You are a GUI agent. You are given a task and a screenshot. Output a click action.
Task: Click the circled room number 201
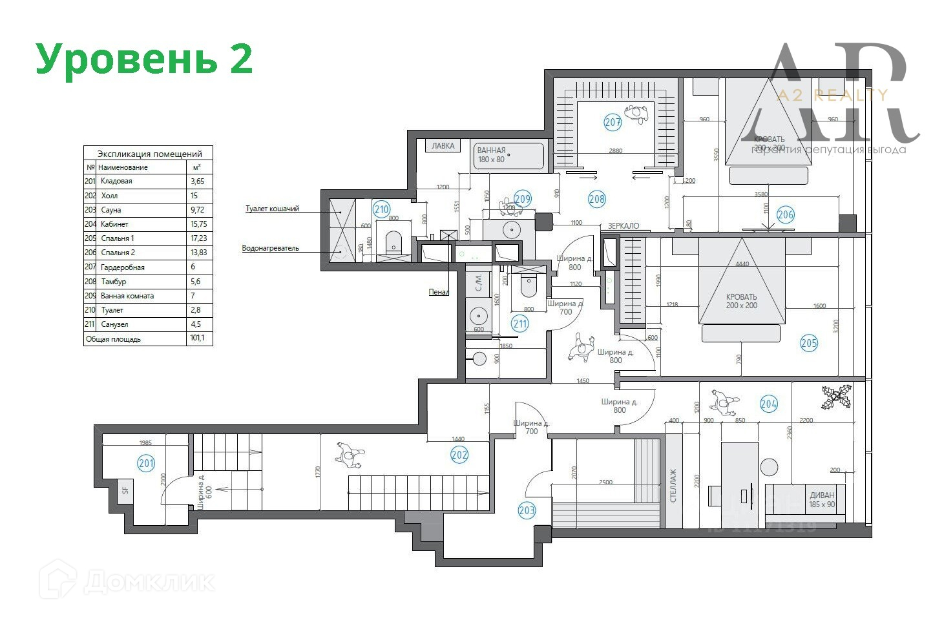146,463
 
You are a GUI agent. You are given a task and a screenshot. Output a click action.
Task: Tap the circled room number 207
613,121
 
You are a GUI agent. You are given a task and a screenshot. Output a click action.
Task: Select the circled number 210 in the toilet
381,209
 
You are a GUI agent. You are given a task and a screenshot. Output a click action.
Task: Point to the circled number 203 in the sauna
527,511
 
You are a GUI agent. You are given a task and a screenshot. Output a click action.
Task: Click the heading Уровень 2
143,59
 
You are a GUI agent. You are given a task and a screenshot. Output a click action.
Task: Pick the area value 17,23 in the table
198,238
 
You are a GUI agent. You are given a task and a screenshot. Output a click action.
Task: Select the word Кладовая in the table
116,182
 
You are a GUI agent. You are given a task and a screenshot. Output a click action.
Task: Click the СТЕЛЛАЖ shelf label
674,485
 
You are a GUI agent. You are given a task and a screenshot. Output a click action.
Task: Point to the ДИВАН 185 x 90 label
821,500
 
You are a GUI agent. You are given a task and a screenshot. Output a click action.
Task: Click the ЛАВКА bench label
443,146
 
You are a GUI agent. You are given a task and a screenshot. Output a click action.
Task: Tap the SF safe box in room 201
125,490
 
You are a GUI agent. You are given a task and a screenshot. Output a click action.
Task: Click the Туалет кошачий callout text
272,209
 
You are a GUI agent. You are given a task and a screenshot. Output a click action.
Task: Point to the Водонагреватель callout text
270,248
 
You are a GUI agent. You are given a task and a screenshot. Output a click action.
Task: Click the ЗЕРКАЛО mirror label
624,226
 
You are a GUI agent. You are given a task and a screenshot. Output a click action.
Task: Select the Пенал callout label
439,292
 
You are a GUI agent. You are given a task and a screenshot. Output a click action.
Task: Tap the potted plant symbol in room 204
837,397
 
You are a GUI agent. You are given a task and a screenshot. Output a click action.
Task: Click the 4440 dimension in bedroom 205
742,264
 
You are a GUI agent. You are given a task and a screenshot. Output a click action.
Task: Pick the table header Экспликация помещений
149,154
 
